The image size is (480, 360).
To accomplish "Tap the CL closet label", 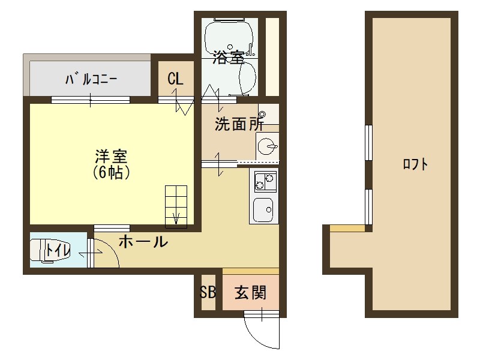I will click(x=175, y=79).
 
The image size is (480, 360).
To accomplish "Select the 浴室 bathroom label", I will click(x=228, y=58).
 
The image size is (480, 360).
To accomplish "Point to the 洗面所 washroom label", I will click(x=239, y=125).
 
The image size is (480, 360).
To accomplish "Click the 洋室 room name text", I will click(x=111, y=157).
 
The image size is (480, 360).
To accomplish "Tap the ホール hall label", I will click(x=143, y=242).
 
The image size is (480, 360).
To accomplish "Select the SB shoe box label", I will click(x=208, y=293).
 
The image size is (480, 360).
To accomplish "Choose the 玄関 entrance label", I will click(x=250, y=293).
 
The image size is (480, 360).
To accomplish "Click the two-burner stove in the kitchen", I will click(x=265, y=180).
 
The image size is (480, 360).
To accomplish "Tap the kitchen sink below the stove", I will click(x=265, y=209).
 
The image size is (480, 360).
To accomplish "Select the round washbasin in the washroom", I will click(x=268, y=145).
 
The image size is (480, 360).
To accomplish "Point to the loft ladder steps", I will click(x=176, y=204).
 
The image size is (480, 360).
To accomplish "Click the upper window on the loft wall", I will click(x=369, y=143).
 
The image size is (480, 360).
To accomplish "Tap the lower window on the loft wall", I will click(x=369, y=205).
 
